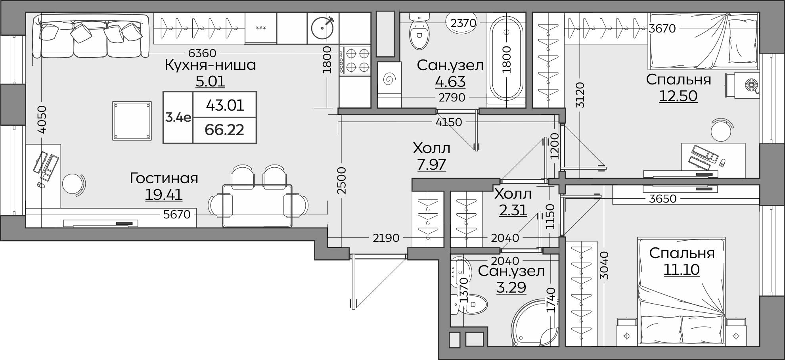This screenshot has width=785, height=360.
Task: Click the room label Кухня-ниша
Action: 210,65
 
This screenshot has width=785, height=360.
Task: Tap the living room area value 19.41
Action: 164,195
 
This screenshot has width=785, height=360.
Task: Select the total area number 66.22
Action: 224,130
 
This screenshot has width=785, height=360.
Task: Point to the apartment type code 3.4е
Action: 178,117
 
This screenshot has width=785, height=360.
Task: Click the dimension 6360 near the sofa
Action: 202,53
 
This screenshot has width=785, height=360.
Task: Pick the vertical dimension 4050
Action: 42,120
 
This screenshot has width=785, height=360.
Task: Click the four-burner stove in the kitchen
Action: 355,61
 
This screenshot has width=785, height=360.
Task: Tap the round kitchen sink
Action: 323,28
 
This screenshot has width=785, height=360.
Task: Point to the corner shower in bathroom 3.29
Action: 536,323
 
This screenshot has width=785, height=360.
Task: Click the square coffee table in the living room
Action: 132,121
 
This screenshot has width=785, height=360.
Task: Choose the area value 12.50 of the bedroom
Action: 678,96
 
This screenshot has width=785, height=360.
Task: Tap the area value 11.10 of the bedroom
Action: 682,270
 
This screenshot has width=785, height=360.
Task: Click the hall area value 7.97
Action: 431,164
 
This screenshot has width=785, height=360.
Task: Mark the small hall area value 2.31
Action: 513,210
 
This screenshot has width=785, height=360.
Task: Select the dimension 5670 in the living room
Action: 177,214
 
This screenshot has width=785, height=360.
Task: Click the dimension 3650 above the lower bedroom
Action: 662,198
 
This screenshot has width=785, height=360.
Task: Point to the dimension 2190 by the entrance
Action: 386,238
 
